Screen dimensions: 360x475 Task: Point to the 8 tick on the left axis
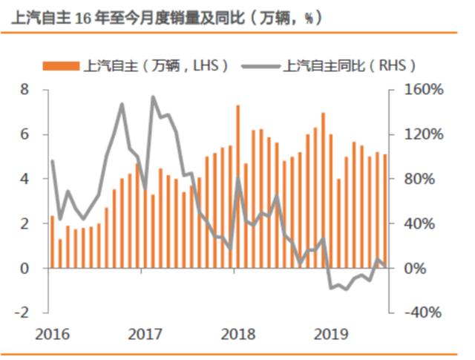coord(24,90)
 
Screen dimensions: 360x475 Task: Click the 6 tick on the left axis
coord(24,134)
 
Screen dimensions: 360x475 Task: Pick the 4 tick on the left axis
coord(24,179)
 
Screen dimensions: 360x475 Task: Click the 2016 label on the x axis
coord(52,335)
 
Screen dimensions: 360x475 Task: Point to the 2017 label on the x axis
coord(145,335)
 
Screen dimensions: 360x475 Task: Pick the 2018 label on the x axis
coord(238,335)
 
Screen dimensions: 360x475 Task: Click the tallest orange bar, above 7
coord(238,186)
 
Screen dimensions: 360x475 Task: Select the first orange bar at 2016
coord(52,242)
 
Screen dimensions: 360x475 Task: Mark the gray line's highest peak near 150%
coord(153,97)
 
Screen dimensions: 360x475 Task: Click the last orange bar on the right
coord(385,212)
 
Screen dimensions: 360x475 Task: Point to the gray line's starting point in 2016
coord(52,161)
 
